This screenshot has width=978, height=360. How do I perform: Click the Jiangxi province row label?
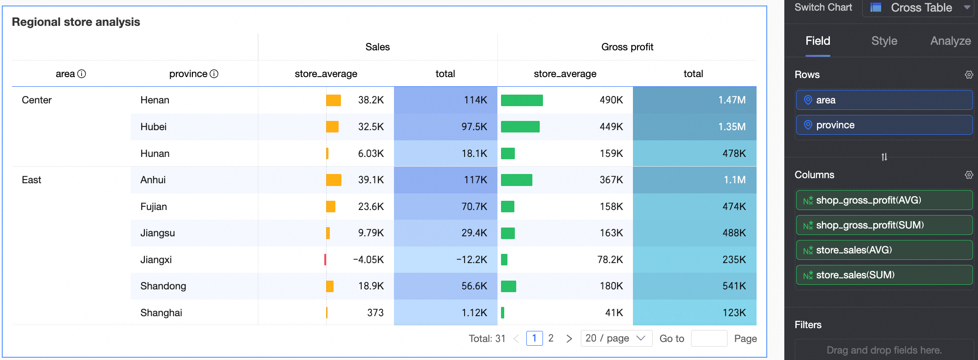pyautogui.click(x=156, y=260)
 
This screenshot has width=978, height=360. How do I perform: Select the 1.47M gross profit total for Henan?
pyautogui.click(x=732, y=100)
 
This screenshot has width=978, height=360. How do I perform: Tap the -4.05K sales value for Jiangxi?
pyautogui.click(x=368, y=260)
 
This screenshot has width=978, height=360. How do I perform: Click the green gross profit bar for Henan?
pyautogui.click(x=522, y=100)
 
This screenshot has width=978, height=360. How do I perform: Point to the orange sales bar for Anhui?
pyautogui.click(x=334, y=180)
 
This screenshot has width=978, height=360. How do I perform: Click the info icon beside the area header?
pyautogui.click(x=82, y=74)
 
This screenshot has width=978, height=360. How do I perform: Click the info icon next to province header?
pyautogui.click(x=214, y=74)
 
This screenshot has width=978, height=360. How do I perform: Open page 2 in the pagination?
pyautogui.click(x=551, y=338)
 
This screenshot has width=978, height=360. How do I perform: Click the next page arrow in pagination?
pyautogui.click(x=569, y=338)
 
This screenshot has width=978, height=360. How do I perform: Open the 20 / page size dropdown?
pyautogui.click(x=616, y=338)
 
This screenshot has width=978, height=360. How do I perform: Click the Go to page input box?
pyautogui.click(x=709, y=338)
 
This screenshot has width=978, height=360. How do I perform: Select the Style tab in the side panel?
pyautogui.click(x=884, y=41)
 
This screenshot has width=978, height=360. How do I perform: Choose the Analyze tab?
pyautogui.click(x=950, y=41)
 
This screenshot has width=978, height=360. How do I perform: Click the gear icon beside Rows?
pyautogui.click(x=969, y=75)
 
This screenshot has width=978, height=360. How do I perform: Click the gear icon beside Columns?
pyautogui.click(x=969, y=175)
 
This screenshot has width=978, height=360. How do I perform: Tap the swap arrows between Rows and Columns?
pyautogui.click(x=884, y=157)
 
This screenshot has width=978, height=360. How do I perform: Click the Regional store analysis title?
pyautogui.click(x=76, y=22)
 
